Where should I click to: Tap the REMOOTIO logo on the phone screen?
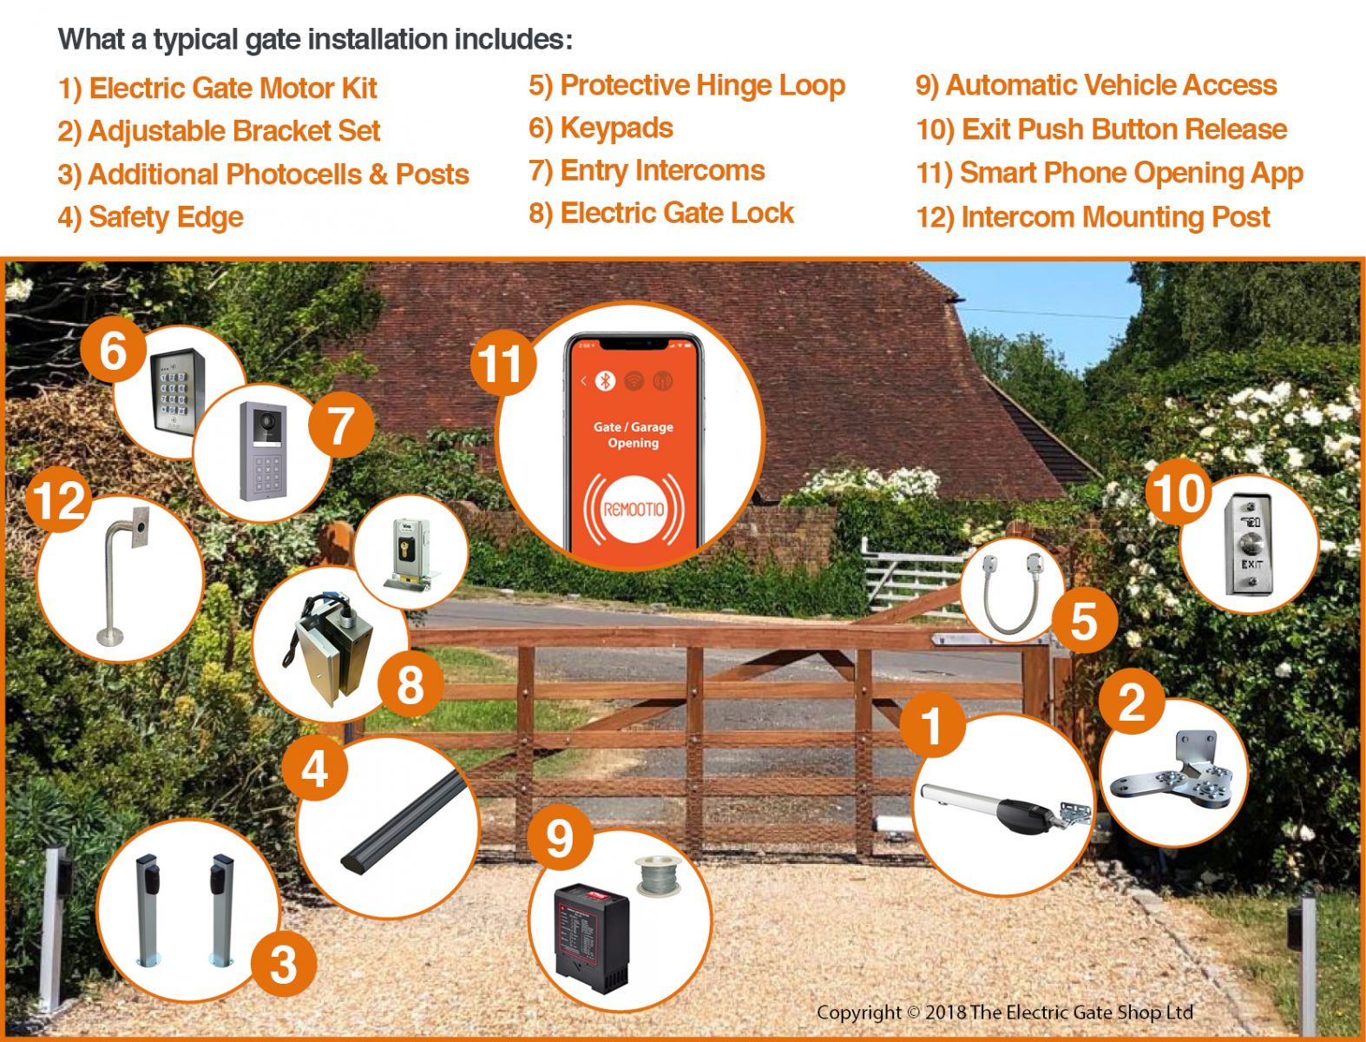(634, 510)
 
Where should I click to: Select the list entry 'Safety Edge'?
(151, 217)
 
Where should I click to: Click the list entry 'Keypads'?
(601, 129)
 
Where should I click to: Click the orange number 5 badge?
(1084, 621)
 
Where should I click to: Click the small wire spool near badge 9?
(657, 876)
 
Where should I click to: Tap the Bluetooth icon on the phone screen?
(605, 380)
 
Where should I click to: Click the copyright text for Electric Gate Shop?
(1004, 1012)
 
